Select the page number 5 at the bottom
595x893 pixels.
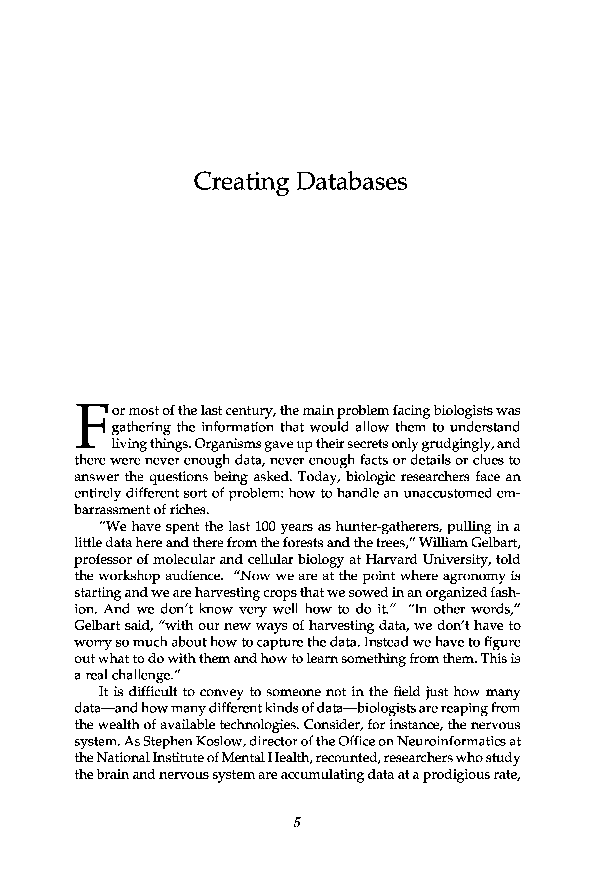pos(297,822)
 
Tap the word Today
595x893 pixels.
pos(318,477)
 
